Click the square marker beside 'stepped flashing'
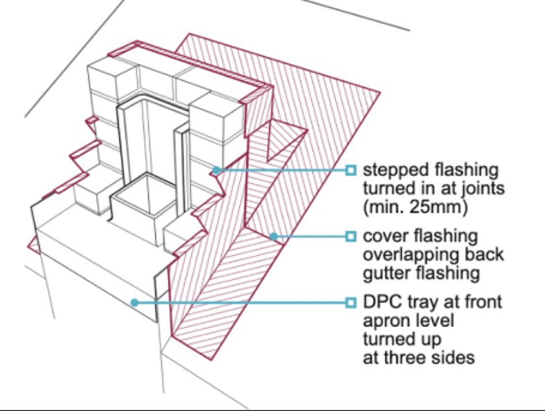[x=351, y=170]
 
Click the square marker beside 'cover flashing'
[x=351, y=237]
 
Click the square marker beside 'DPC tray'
[x=351, y=302]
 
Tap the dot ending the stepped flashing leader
[x=216, y=170]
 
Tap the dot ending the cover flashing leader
[x=274, y=237]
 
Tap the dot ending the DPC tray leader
[x=135, y=303]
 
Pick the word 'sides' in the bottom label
[x=453, y=357]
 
